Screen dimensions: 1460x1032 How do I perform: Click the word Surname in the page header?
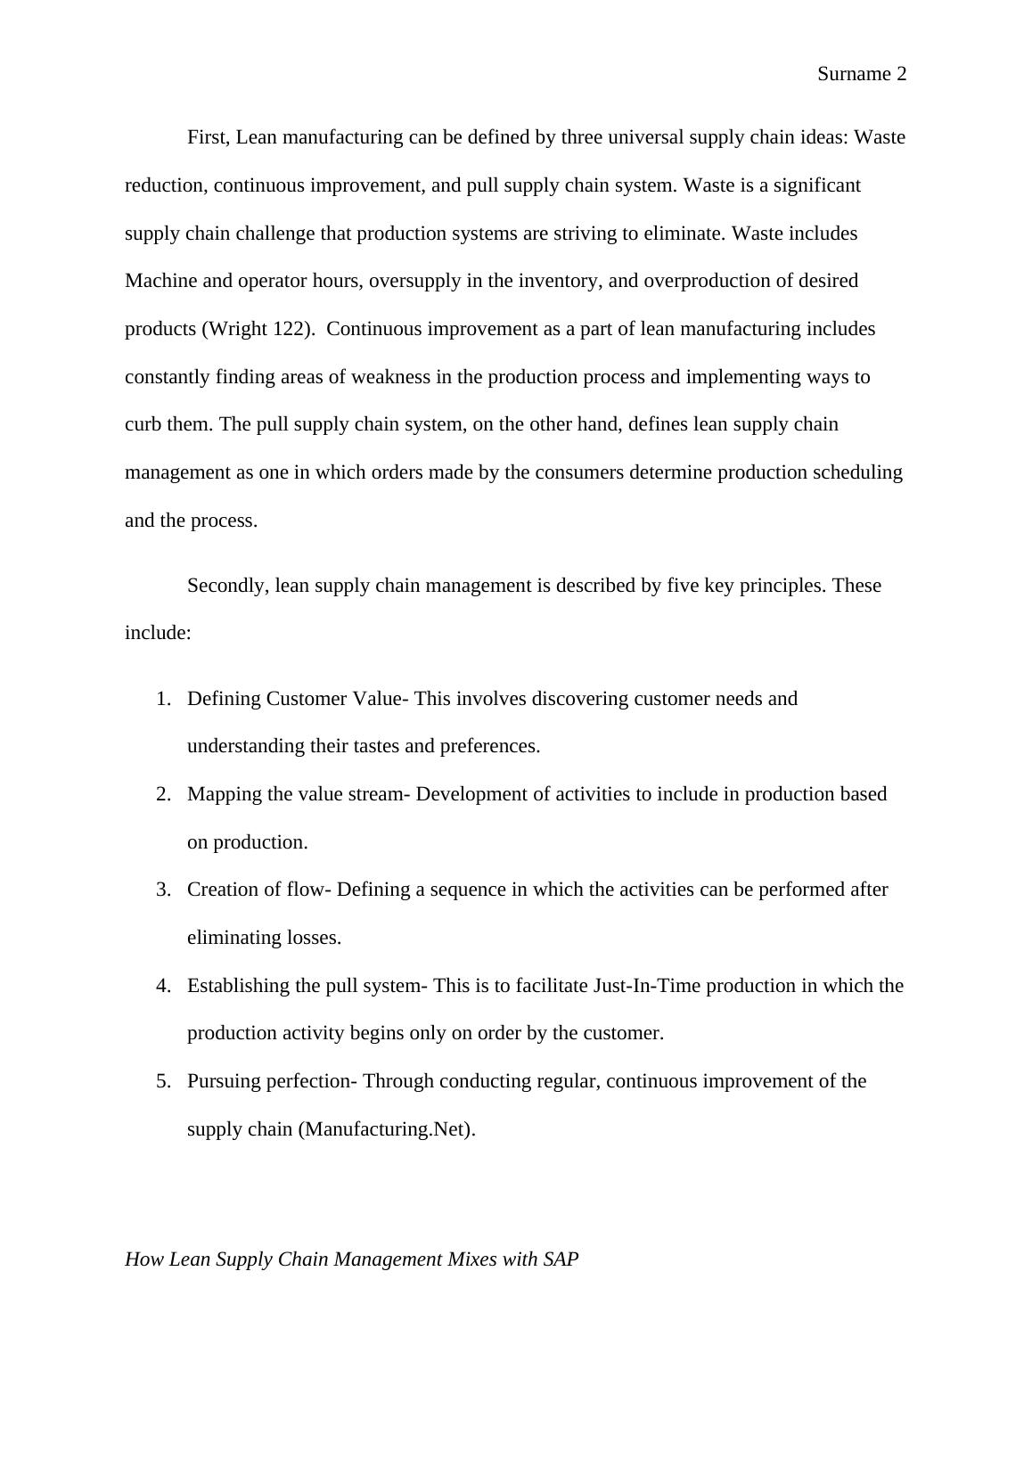(x=853, y=74)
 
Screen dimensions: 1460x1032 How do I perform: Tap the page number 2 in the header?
(x=901, y=74)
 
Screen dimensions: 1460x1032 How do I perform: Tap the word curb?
(x=143, y=424)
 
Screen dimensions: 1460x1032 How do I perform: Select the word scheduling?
(x=857, y=472)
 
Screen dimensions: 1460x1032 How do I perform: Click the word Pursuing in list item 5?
(x=223, y=1081)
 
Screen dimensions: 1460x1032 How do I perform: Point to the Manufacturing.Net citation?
(x=384, y=1129)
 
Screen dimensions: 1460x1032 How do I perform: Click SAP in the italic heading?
(x=561, y=1259)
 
